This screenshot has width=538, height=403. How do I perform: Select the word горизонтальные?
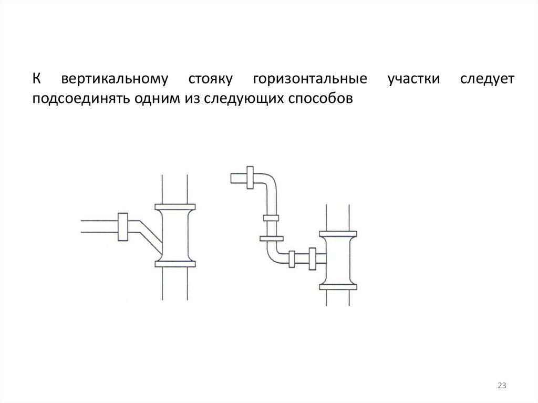coord(309,80)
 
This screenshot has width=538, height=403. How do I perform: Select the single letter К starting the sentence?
coord(37,80)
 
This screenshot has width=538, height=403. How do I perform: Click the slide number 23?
coord(501,386)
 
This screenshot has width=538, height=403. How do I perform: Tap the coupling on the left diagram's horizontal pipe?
coord(123,226)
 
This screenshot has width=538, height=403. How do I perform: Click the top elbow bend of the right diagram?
coord(268,182)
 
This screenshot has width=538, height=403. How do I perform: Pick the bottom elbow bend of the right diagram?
coord(271,256)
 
